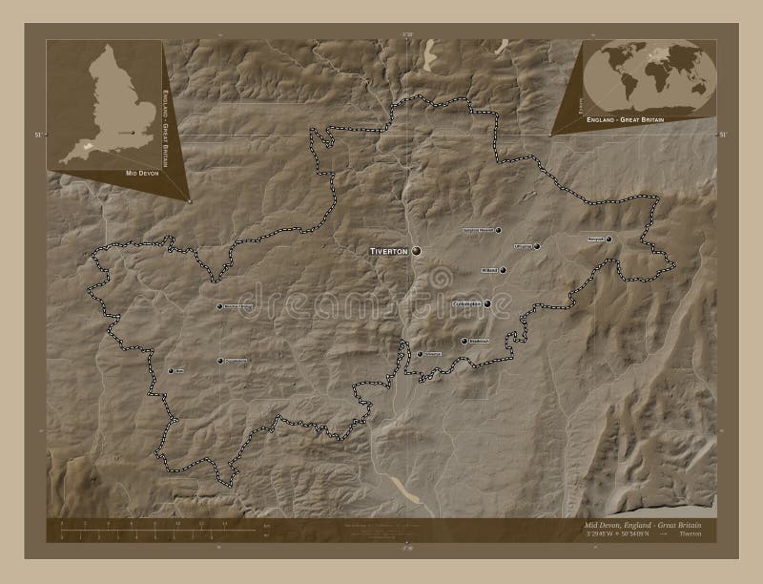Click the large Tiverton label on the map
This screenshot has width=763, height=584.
387,250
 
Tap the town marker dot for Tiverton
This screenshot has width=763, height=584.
416,251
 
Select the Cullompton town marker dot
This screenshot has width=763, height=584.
487,304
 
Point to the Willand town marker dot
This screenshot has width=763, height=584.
503,270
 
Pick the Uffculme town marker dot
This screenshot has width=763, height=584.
537,246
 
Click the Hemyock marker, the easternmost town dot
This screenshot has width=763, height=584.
607,239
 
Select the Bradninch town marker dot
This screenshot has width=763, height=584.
464,341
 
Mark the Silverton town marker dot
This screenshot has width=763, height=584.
420,353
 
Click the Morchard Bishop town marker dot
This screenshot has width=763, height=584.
220,306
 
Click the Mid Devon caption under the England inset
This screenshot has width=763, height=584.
139,175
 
